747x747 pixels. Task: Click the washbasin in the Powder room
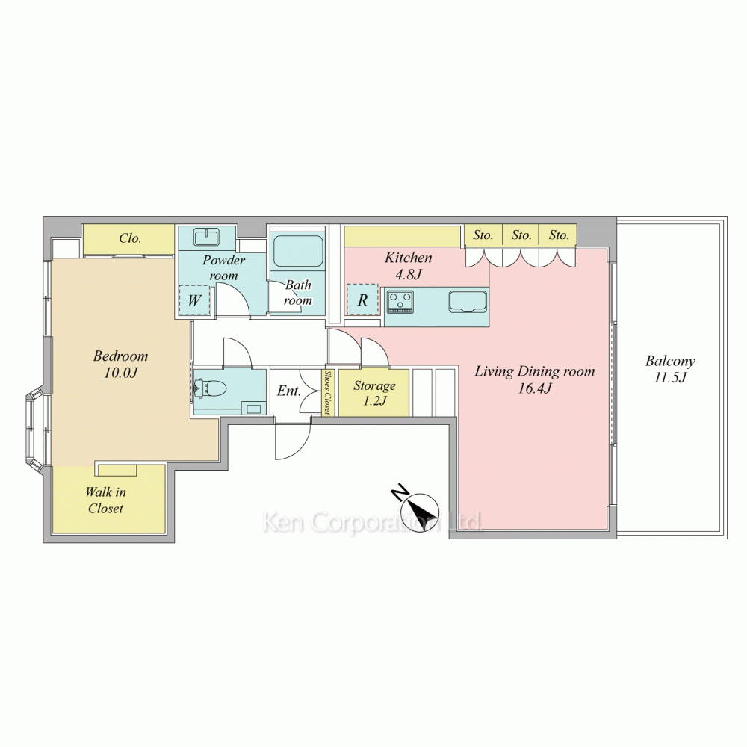(207, 236)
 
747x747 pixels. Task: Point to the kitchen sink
(468, 302)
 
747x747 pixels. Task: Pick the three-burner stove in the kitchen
(400, 302)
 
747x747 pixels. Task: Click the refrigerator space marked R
(362, 300)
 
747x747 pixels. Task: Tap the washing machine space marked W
(194, 300)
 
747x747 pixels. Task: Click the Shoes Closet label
(328, 392)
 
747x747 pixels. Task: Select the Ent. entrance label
(288, 391)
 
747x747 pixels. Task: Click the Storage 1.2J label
(374, 393)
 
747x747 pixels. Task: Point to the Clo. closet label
(130, 238)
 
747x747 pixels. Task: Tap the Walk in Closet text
(106, 500)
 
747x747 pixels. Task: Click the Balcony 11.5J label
(670, 369)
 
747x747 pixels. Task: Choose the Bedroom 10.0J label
(120, 364)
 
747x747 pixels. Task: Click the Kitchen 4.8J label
(409, 266)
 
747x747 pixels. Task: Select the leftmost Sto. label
(483, 235)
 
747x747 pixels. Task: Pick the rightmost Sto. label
(559, 235)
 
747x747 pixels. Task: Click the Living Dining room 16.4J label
(535, 379)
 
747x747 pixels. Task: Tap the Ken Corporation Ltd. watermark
(373, 521)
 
